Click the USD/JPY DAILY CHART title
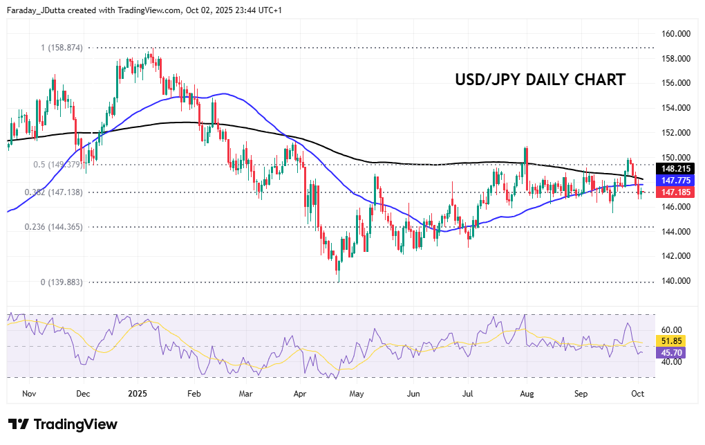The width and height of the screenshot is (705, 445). point(540,80)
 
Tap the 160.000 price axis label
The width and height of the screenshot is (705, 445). point(677,33)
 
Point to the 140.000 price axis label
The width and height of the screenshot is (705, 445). point(677,281)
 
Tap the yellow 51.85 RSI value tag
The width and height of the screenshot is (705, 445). point(673,341)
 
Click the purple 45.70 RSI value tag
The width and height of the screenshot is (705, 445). point(673,353)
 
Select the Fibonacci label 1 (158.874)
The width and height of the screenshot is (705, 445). point(62,48)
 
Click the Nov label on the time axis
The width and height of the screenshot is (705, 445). point(28,394)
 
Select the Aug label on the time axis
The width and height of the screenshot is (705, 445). point(527,394)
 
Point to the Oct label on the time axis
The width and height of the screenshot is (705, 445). point(638,394)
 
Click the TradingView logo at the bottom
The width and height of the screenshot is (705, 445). point(63,424)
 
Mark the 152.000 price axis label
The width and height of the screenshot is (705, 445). point(677,132)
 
